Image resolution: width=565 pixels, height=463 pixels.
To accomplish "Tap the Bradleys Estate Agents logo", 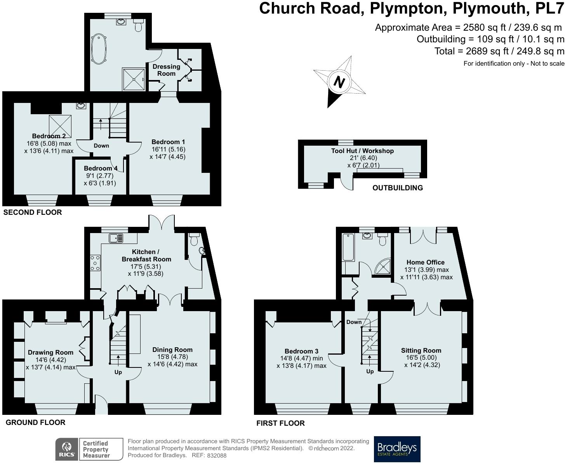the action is [397, 449].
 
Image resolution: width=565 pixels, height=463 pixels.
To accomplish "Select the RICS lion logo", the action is [67, 449].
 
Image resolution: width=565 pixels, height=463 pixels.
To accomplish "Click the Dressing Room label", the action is [166, 70].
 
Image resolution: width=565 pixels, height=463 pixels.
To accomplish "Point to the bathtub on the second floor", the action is [99, 49].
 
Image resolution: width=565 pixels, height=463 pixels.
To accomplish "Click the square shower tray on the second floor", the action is [134, 79].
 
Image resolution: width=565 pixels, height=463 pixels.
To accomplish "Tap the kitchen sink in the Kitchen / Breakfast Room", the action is [116, 238].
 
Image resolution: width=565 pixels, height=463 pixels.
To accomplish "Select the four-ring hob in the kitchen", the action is [96, 263].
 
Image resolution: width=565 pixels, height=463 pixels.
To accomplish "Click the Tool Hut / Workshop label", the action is [362, 151].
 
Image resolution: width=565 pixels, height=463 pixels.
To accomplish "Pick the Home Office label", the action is [426, 262].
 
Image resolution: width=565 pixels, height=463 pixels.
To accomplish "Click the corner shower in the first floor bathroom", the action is [382, 266].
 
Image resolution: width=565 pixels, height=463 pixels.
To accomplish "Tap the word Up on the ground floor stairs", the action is [118, 372].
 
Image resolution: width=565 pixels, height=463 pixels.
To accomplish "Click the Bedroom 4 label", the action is [101, 168].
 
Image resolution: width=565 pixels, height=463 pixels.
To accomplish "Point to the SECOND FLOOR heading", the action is [32, 212].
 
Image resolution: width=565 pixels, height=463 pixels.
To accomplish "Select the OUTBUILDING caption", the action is [398, 188].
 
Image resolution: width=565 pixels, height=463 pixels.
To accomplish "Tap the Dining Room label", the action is [172, 350].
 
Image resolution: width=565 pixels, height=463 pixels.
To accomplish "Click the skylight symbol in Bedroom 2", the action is [60, 126].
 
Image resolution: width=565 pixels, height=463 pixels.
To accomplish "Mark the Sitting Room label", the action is [421, 350].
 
